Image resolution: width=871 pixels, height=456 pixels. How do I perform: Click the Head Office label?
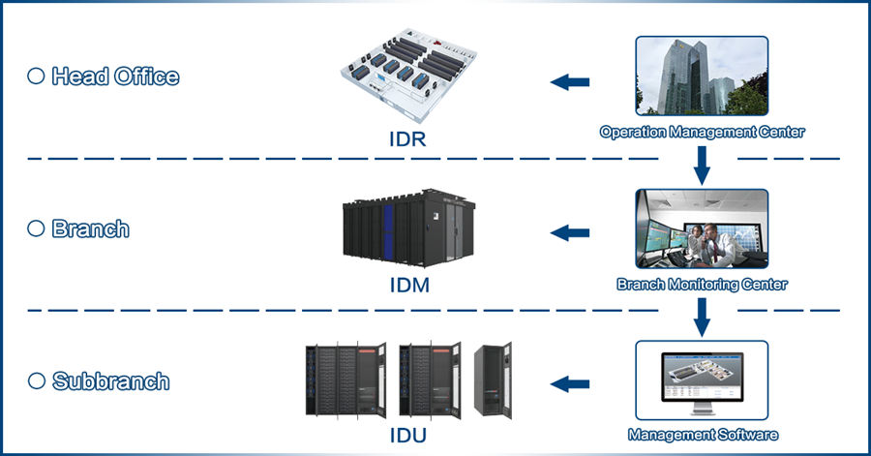pos(114,76)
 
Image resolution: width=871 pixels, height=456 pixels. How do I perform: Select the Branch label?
pos(90,229)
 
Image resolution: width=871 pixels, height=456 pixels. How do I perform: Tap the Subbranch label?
pos(110,381)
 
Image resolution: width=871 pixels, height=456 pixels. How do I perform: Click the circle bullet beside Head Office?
pos(36,76)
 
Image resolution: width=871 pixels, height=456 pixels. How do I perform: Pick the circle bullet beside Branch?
pos(36,229)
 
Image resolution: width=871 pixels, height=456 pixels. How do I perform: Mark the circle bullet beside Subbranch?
pos(36,381)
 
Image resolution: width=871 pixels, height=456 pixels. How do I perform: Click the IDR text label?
pos(402,138)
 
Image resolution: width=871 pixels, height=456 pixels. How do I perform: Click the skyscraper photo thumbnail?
pos(702,77)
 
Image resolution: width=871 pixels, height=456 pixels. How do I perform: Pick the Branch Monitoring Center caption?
pos(702,285)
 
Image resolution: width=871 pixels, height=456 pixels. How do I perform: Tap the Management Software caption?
pos(702,435)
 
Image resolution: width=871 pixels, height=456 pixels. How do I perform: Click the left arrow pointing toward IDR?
pos(571,82)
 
